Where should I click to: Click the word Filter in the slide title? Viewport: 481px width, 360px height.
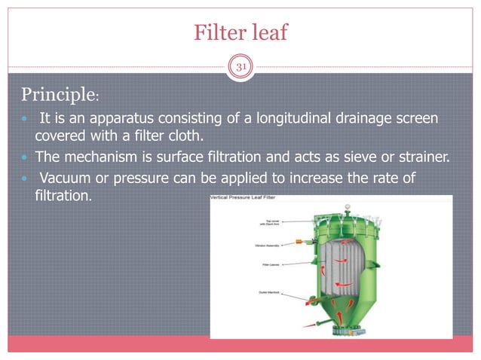click(x=216, y=32)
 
